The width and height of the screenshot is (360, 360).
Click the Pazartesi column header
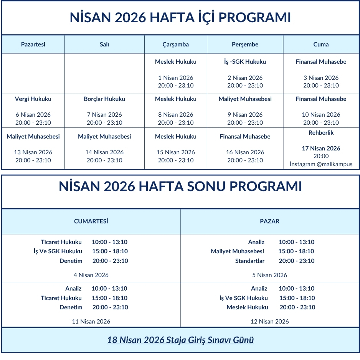pyautogui.click(x=33, y=45)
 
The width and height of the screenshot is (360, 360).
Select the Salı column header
pyautogui.click(x=104, y=45)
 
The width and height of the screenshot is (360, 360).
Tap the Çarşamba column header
pyautogui.click(x=175, y=45)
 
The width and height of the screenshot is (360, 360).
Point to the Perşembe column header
pyautogui.click(x=245, y=45)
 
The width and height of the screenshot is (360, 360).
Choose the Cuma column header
pyautogui.click(x=321, y=45)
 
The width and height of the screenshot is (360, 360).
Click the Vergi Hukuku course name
pyautogui.click(x=33, y=99)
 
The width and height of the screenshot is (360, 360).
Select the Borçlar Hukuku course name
pyautogui.click(x=104, y=99)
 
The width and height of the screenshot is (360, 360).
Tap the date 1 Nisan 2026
pyautogui.click(x=175, y=78)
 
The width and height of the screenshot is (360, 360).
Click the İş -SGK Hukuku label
pyautogui.click(x=245, y=62)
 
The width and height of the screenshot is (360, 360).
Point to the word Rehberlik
pyautogui.click(x=321, y=133)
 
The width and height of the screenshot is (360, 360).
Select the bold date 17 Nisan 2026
pyautogui.click(x=321, y=149)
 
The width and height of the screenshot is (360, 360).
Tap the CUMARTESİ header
pyautogui.click(x=91, y=221)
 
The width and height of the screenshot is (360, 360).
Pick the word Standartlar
pyautogui.click(x=250, y=261)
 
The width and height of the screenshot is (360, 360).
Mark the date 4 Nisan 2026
pyautogui.click(x=91, y=275)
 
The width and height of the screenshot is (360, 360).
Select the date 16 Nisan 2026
pyautogui.click(x=245, y=152)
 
